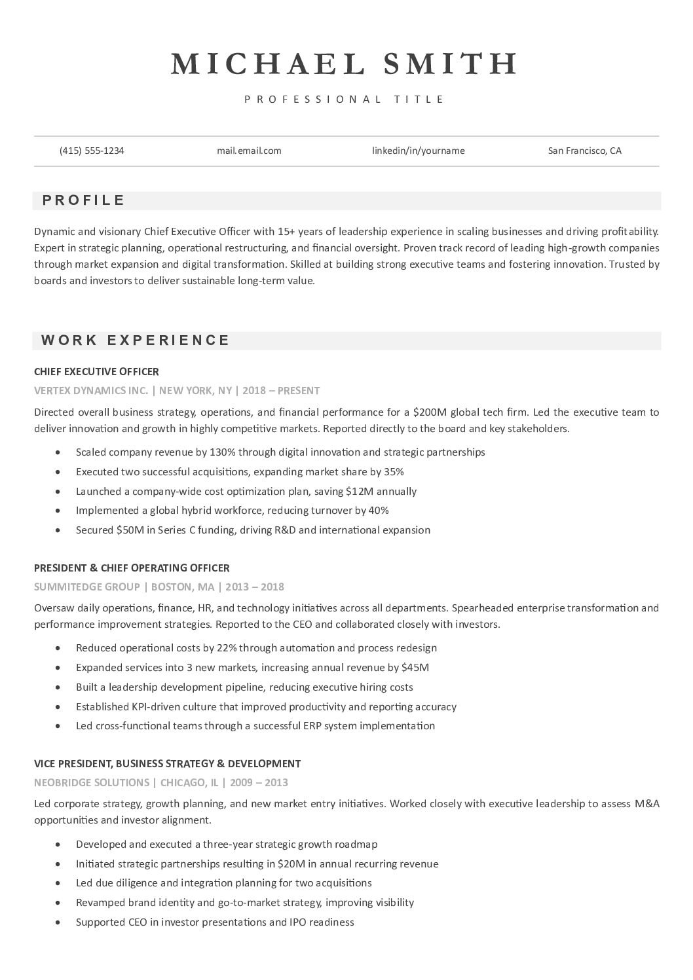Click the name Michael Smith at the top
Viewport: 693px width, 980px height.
point(345,64)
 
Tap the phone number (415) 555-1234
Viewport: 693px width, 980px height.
point(92,151)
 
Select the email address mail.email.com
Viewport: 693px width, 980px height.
point(249,151)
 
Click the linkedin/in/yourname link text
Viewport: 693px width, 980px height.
point(419,151)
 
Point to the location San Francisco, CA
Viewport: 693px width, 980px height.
point(584,151)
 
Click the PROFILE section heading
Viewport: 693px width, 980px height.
point(84,200)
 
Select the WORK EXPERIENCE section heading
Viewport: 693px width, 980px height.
point(136,340)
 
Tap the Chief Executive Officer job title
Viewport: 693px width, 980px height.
point(96,372)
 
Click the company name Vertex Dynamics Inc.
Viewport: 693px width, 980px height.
point(91,391)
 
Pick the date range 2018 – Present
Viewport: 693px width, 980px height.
point(281,391)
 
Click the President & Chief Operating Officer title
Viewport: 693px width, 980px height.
point(132,568)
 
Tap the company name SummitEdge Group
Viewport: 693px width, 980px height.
point(87,587)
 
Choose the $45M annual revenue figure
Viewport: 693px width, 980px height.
point(416,668)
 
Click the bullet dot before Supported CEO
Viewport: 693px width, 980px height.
point(60,922)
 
